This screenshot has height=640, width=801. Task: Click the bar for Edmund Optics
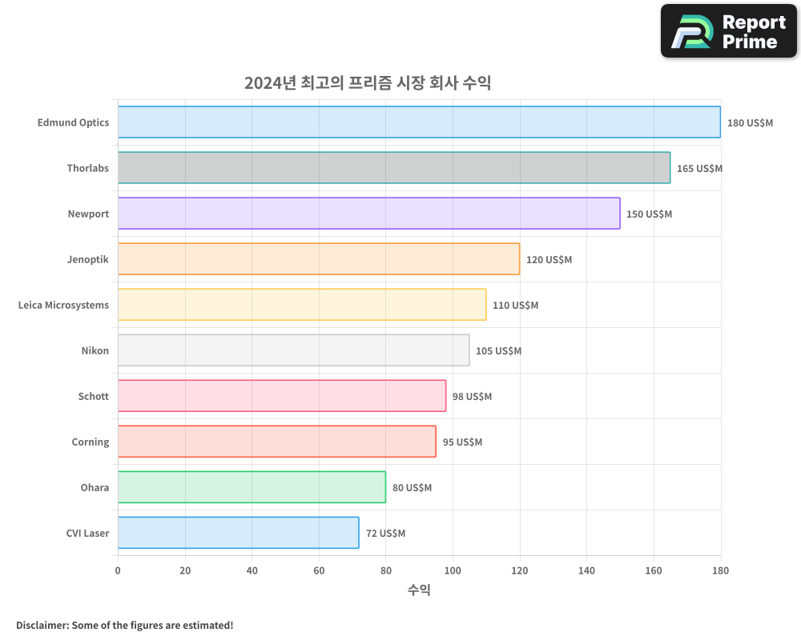[x=419, y=122]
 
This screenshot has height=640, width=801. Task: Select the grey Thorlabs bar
[x=394, y=168]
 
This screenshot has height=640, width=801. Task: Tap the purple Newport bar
[x=368, y=214]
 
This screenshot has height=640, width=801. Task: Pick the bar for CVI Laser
[x=238, y=533]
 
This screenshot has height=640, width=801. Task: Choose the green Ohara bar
[x=252, y=487]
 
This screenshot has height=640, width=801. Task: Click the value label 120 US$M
[x=549, y=260]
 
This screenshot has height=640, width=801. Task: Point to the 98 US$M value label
[x=472, y=397]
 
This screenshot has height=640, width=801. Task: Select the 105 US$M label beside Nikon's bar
[x=498, y=351]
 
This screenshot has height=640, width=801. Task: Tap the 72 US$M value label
[x=385, y=534]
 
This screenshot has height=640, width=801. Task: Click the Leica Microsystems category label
[x=63, y=305]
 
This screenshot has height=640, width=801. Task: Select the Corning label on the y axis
[x=90, y=442]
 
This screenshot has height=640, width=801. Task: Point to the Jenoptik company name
[x=88, y=259]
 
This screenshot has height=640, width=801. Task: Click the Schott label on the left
[x=93, y=396]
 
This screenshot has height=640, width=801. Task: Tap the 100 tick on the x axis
[x=453, y=570]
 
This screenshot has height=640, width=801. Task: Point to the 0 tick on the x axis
[x=118, y=570]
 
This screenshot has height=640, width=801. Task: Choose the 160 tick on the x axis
[x=654, y=570]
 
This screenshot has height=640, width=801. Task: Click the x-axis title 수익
[x=419, y=590]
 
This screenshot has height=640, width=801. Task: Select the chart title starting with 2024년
[x=367, y=83]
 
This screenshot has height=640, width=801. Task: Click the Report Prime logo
[x=729, y=31]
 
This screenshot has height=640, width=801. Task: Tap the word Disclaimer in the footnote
[x=42, y=625]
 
